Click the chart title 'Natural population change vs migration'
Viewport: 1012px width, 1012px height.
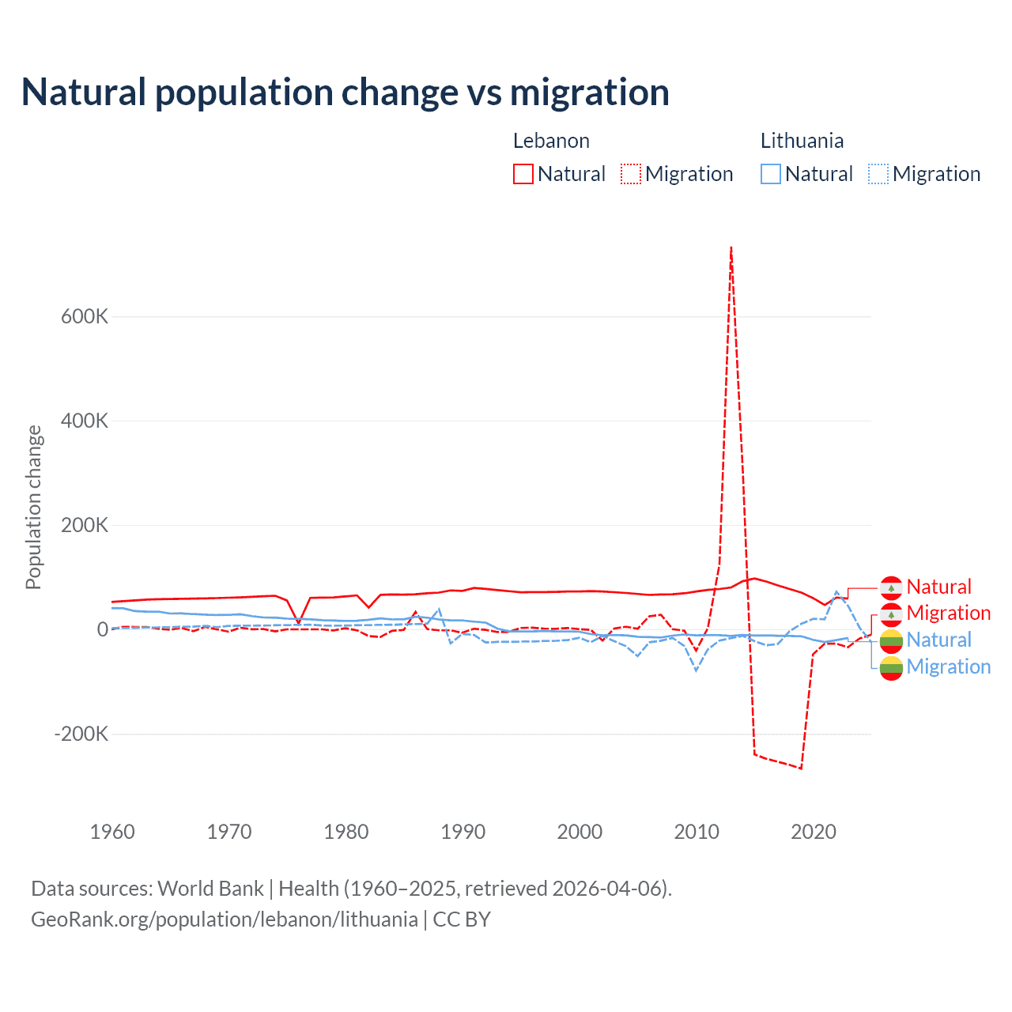[x=346, y=93]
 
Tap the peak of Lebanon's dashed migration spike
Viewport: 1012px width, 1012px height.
[x=731, y=247]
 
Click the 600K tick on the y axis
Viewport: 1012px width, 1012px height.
[x=85, y=316]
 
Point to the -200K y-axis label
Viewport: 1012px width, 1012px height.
[x=81, y=734]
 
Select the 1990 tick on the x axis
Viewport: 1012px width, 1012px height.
[x=463, y=832]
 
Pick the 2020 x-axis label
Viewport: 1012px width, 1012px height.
[x=813, y=832]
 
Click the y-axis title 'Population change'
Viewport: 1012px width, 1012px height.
[x=33, y=507]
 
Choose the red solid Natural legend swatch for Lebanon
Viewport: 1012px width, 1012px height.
[x=523, y=174]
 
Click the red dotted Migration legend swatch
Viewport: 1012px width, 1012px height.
[x=631, y=174]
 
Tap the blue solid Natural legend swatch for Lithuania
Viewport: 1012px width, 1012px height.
[x=771, y=174]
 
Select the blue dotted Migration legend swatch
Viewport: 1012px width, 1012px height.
[x=878, y=174]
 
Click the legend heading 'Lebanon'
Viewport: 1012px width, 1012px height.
[x=551, y=141]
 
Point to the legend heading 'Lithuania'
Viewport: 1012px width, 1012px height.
[x=802, y=141]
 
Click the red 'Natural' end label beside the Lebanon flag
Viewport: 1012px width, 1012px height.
[x=938, y=587]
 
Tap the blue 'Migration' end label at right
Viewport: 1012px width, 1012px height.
[x=948, y=666]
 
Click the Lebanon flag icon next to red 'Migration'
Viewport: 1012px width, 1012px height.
[x=891, y=614]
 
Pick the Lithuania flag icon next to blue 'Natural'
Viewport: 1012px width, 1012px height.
[x=891, y=640]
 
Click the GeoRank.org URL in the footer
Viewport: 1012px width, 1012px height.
[x=225, y=919]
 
